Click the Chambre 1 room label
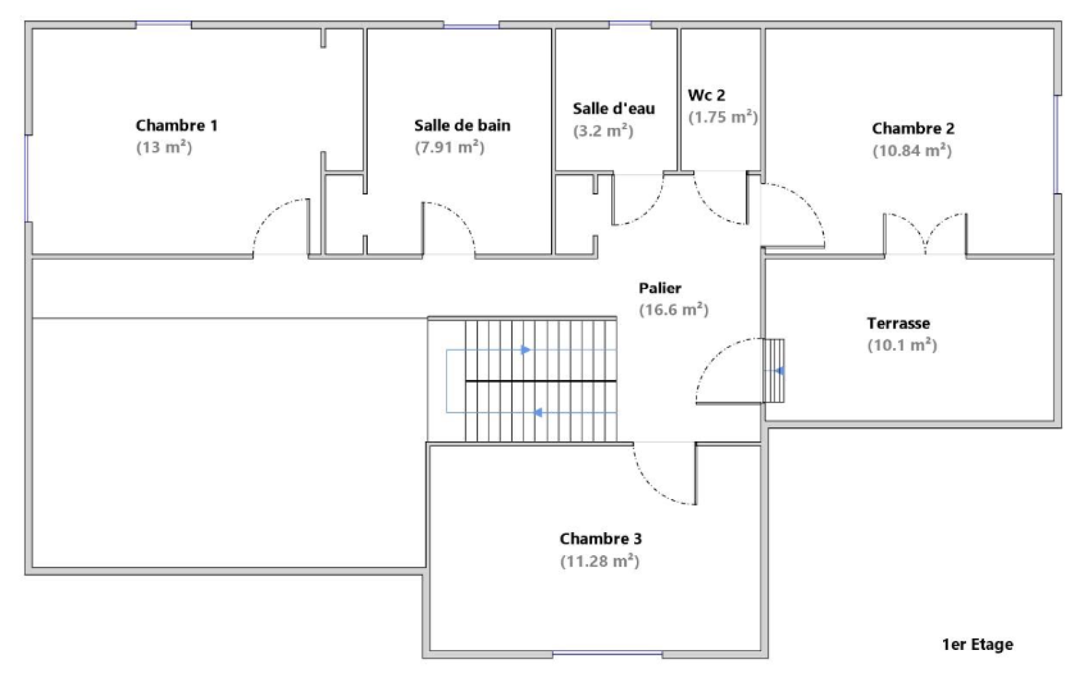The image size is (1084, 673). coord(177,126)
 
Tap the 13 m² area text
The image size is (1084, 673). coord(164,147)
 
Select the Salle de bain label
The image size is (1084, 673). coord(462,126)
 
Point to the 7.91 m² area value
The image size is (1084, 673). coord(450,147)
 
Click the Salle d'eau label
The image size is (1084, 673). coord(614,109)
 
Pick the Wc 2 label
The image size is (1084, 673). coord(707,95)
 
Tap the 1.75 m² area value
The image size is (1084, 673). coord(723,117)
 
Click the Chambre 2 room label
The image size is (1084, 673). coord(913,129)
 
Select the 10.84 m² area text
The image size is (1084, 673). coord(912,151)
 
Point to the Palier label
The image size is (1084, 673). coord(660,288)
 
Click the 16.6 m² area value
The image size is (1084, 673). coord(674,309)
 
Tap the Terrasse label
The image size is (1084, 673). coord(898,324)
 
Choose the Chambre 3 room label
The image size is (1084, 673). coord(601,538)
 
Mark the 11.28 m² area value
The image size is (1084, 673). coord(600,561)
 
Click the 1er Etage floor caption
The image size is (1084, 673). coord(978,645)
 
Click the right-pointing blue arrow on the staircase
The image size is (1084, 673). coord(526,349)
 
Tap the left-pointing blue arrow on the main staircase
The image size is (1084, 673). coord(538,412)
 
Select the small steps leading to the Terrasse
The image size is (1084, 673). coord(774,371)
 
